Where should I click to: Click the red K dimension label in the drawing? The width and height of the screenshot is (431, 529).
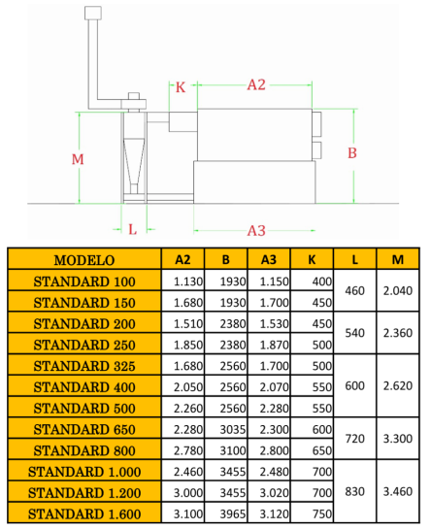181,87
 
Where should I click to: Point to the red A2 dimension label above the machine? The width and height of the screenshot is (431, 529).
256,84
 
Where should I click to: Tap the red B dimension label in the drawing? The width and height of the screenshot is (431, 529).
352,152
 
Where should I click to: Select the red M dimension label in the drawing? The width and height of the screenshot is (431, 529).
78,159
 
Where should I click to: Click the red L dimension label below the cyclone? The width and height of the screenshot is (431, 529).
133,230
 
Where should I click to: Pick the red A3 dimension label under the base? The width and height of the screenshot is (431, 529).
256,231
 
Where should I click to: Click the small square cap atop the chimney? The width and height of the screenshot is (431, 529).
93,13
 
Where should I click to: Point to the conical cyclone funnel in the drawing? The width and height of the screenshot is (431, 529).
134,162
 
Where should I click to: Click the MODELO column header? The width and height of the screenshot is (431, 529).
84,260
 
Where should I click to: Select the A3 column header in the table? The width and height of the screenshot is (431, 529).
269,259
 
